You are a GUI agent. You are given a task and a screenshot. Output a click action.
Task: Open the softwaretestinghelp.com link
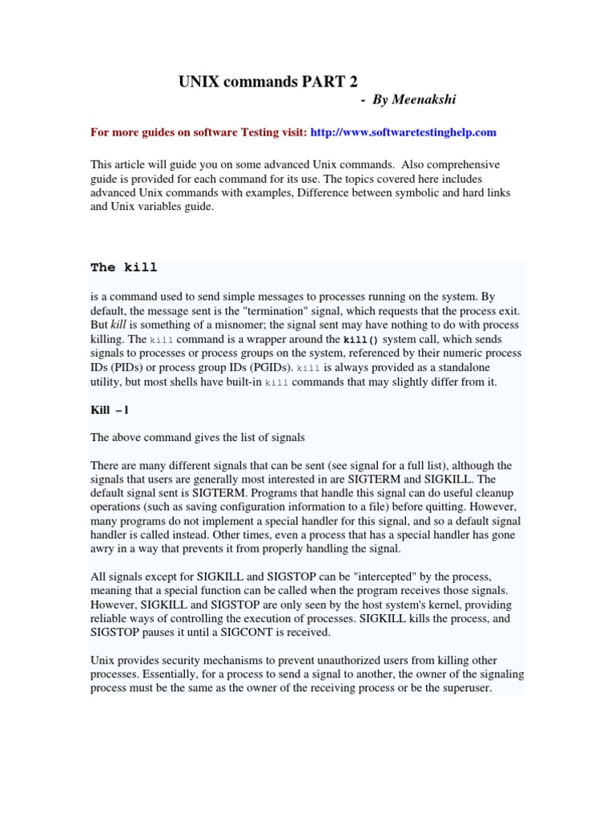tap(403, 131)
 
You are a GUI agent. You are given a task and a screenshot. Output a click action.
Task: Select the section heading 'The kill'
tap(124, 267)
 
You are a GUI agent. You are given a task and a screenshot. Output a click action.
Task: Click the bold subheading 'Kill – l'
tap(110, 410)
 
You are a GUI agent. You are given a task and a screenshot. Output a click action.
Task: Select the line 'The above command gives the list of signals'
tap(198, 437)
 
